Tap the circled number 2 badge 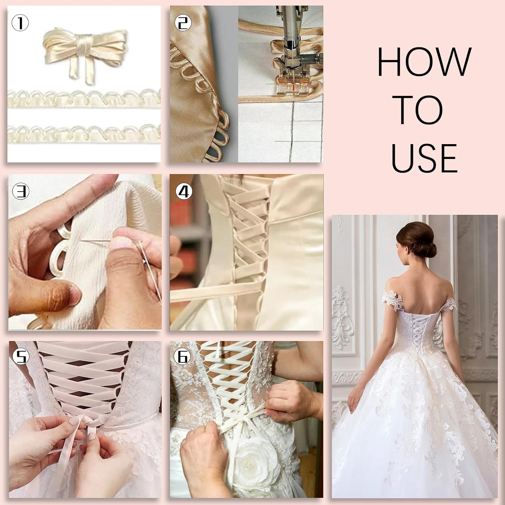183,23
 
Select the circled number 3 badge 21,192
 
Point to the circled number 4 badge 183,192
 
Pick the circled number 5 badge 21,357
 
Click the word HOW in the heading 424,62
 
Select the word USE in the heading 424,158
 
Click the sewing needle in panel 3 148,266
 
